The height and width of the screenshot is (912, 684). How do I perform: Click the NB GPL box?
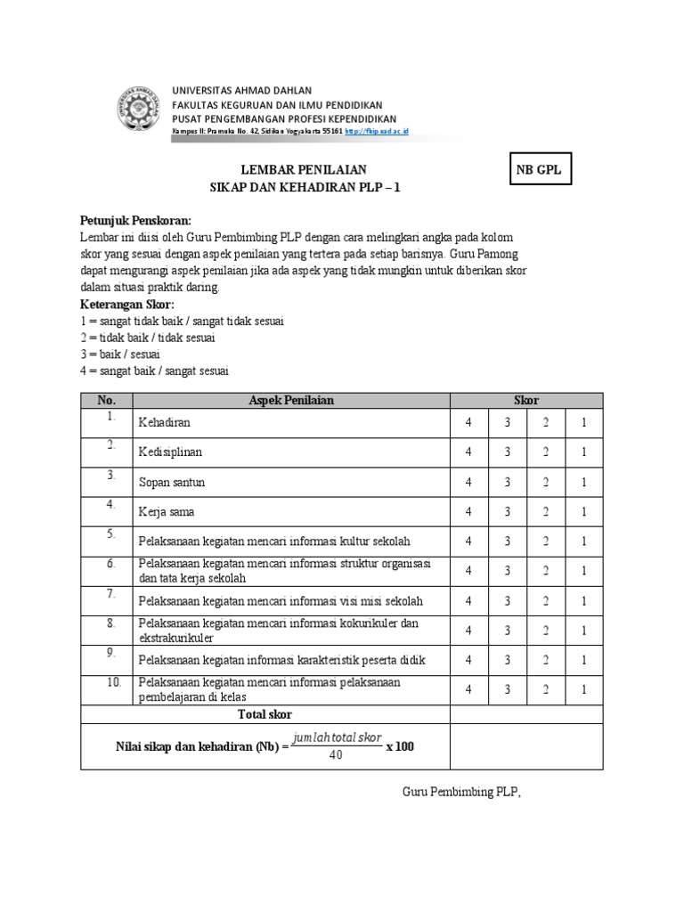point(539,170)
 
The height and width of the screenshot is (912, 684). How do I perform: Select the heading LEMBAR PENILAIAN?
point(305,170)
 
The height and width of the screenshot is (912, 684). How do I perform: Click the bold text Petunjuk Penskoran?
point(135,220)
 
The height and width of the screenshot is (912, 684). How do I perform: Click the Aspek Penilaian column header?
point(291,401)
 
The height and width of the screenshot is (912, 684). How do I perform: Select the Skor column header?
point(527,401)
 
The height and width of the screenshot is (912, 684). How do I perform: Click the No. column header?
point(107,401)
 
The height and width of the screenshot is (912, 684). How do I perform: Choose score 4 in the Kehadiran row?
point(468,423)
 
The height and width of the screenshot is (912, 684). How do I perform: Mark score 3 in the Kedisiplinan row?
point(508,452)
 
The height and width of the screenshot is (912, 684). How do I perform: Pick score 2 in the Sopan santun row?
point(546,482)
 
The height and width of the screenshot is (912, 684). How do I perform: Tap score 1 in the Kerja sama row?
point(584,512)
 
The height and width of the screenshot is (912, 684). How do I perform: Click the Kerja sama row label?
point(167,513)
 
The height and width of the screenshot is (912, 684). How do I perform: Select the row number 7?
point(111,593)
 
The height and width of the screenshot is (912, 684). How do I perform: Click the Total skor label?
point(265,714)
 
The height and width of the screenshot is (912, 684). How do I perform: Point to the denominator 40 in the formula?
point(336,756)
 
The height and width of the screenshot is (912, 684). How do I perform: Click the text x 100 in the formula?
point(401,746)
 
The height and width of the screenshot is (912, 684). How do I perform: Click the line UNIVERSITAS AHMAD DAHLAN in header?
point(241,91)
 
